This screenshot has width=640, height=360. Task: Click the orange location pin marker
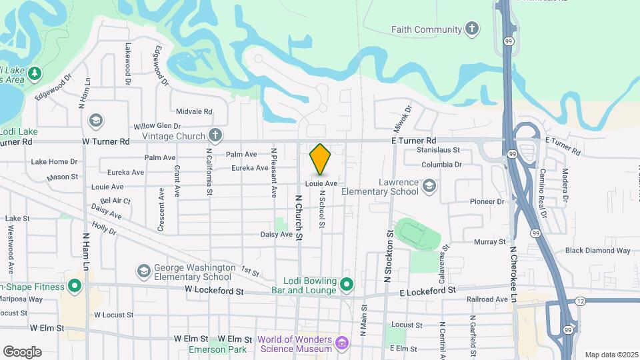(321, 159)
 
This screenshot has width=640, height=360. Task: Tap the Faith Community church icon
(472, 29)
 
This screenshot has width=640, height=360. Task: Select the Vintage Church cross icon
(215, 135)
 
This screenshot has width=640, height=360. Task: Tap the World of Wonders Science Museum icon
(342, 344)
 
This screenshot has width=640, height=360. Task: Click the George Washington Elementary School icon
(143, 271)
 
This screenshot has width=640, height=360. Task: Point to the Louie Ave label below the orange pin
(321, 183)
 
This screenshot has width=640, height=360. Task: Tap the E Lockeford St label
(427, 291)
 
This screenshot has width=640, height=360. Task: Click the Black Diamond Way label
(597, 251)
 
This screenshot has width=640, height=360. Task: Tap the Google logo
(22, 352)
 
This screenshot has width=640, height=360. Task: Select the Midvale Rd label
(193, 112)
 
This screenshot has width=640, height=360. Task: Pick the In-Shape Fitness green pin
(75, 287)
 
